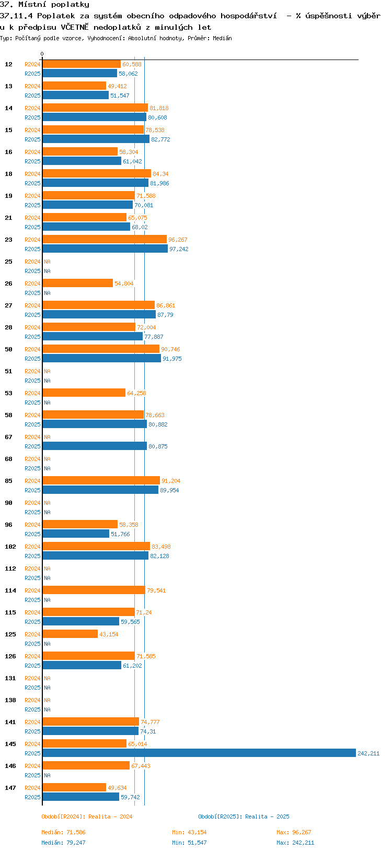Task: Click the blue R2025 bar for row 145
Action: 199,753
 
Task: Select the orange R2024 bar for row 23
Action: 105,239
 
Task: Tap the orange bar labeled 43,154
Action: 70,634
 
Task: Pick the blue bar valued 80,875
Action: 95,446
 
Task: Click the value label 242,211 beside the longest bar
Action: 368,753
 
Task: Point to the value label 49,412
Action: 117,86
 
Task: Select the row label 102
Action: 10,547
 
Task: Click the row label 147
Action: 10,788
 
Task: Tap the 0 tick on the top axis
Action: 42,54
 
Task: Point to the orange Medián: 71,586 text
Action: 63,832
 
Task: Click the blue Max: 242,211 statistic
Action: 295,843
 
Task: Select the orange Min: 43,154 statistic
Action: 189,832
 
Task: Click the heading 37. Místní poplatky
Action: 44,4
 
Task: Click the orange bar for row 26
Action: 78,283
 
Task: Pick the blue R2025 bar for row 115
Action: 81,621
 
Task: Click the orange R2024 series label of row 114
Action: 32,590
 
